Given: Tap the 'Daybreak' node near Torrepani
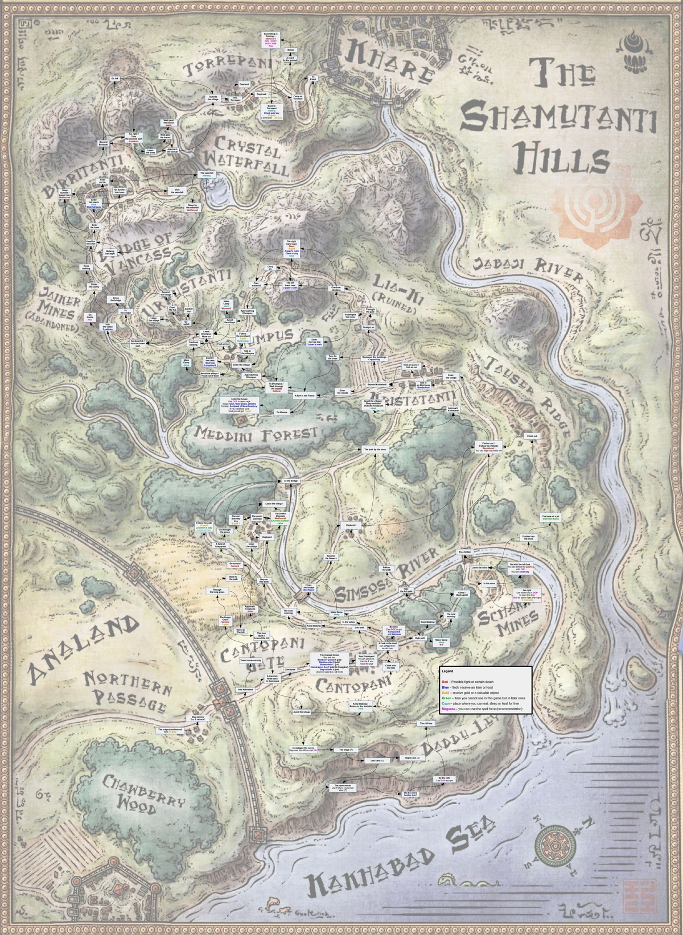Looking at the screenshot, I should click(261, 93).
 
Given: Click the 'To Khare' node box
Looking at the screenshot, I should click(312, 78).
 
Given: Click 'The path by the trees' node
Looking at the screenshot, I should click(375, 450).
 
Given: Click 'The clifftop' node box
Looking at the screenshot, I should click(427, 723).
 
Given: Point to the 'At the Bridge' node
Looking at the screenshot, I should click(291, 481).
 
